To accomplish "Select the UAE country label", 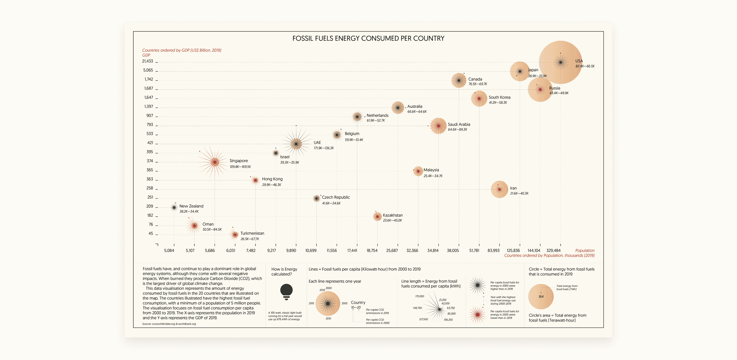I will tap(317, 142).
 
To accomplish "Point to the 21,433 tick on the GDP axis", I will tap(148, 61).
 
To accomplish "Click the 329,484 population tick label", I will tap(553, 250).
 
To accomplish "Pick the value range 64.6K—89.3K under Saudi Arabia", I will tap(458, 129).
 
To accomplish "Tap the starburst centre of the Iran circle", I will tap(499, 189).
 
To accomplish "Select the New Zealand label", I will tap(191, 206).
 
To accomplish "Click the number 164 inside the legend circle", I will tap(541, 297).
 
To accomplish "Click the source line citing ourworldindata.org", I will tap(169, 324).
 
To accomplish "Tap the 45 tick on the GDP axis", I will tap(151, 234).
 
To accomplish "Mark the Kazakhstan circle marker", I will tap(377, 217).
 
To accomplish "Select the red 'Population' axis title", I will tap(585, 250).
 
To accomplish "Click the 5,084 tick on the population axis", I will tap(169, 250).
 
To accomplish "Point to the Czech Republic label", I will tap(336, 197).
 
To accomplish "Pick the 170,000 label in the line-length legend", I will tap(420, 296).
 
